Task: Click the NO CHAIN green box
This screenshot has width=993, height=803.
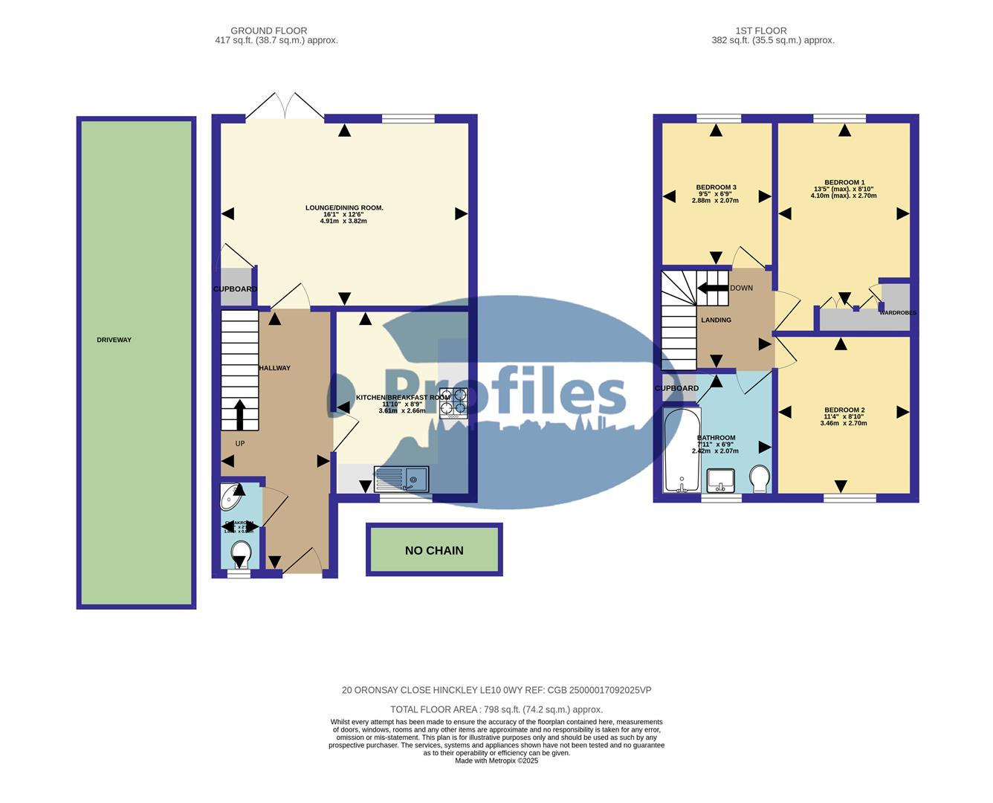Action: click(x=434, y=550)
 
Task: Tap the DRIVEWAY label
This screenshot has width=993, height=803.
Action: click(x=114, y=340)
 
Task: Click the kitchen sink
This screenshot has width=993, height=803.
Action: click(x=401, y=479)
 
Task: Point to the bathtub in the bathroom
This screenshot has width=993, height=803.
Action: click(x=680, y=451)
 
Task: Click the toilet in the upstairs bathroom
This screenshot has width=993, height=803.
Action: click(x=760, y=478)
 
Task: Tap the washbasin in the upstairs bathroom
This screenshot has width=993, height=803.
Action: click(x=720, y=480)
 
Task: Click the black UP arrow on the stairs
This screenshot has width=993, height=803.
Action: click(x=239, y=415)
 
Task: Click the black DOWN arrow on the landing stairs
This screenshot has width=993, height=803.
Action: click(x=714, y=288)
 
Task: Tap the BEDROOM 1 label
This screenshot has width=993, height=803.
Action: click(x=844, y=182)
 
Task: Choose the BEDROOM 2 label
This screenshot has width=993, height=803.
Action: click(x=844, y=410)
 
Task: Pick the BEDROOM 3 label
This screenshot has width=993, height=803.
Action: click(x=716, y=187)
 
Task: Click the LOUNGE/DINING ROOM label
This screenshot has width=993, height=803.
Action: click(x=344, y=207)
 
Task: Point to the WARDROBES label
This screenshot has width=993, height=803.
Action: click(x=897, y=313)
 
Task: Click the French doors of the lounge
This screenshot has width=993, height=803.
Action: click(x=285, y=107)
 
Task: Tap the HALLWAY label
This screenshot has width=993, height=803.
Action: click(x=274, y=368)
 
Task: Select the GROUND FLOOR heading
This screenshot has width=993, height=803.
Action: click(x=268, y=30)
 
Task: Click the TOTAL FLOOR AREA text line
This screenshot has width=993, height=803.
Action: click(x=496, y=709)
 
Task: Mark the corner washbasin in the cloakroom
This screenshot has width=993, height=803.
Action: click(x=233, y=497)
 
